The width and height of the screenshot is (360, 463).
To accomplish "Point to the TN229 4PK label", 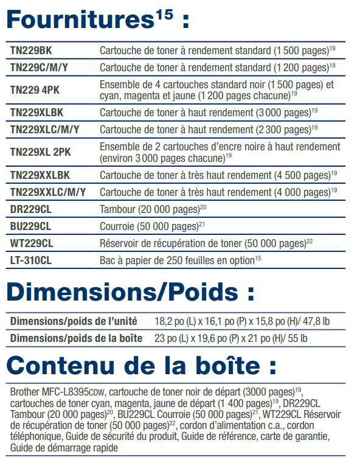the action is click(x=35, y=90).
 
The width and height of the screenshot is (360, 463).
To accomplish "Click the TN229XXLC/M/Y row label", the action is click(x=48, y=192).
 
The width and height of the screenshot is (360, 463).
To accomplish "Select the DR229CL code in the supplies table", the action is click(x=31, y=209).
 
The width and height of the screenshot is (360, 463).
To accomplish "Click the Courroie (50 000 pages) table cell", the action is click(x=148, y=226).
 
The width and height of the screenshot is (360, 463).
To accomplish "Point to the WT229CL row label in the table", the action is click(x=32, y=243).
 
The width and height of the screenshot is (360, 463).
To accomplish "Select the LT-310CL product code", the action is click(x=32, y=260).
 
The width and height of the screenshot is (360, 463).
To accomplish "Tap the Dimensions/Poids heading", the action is click(x=130, y=293).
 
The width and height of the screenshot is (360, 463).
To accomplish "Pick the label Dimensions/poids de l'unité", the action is click(x=74, y=321).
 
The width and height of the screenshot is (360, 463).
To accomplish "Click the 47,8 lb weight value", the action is click(x=316, y=321).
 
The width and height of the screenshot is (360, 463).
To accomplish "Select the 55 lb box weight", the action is click(x=297, y=338).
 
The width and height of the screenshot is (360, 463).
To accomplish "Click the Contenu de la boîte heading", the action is click(x=141, y=365).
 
